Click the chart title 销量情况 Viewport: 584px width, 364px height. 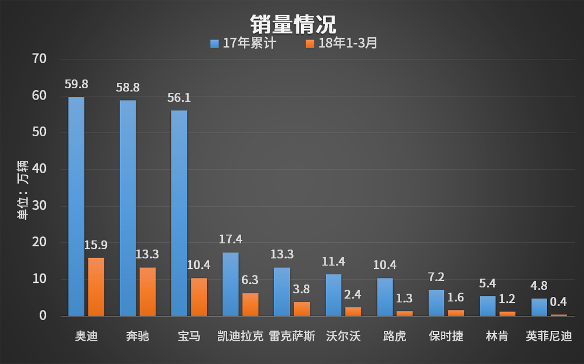293,24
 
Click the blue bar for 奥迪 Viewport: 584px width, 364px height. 76,206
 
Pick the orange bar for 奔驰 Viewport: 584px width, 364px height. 148,292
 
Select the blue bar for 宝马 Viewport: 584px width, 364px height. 179,213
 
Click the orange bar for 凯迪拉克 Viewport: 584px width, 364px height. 250,305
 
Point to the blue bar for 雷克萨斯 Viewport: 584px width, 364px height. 282,292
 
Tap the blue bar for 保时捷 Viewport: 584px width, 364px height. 436,303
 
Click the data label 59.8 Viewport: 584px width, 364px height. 76,84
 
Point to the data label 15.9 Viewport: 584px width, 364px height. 96,245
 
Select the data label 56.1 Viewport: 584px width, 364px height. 179,98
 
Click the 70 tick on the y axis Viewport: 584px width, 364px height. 40,58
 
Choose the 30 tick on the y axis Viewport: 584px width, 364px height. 40,206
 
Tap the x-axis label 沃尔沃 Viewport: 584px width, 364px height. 343,336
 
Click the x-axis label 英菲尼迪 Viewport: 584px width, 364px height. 549,336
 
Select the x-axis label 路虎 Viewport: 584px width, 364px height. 395,336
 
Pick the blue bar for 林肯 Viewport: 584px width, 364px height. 488,306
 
